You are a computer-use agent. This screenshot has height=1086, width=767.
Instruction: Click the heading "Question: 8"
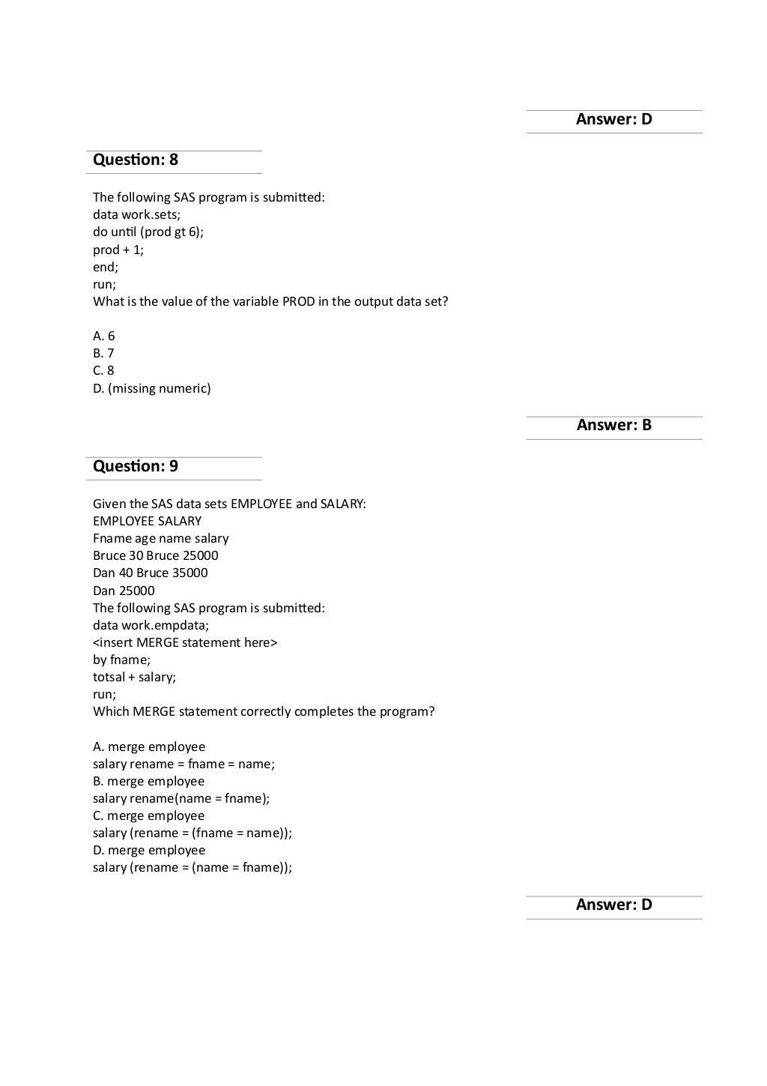[136, 160]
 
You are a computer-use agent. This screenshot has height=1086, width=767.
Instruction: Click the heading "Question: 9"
[136, 467]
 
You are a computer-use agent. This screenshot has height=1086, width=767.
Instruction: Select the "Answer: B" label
[613, 426]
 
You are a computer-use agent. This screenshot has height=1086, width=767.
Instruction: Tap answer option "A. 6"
[104, 337]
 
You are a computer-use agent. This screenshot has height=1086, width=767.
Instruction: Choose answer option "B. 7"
[104, 354]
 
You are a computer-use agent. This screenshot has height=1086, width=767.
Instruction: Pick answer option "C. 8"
[104, 371]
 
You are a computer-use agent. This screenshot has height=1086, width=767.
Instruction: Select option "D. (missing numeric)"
[152, 389]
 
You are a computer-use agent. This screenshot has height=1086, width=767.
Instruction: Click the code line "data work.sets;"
[136, 215]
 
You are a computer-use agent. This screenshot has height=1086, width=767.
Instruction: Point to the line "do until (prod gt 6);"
[148, 232]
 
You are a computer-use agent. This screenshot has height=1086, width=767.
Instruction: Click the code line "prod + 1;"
[118, 250]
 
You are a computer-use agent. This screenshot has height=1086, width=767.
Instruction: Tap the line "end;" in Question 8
[106, 268]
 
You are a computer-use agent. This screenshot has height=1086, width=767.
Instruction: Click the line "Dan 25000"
[124, 591]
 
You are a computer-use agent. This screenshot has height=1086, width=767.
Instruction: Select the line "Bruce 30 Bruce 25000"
[156, 556]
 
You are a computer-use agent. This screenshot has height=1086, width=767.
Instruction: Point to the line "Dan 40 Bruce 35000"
[151, 573]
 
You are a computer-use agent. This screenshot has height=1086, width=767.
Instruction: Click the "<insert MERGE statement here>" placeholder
[185, 643]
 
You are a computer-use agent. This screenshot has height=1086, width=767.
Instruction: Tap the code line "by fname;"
[121, 660]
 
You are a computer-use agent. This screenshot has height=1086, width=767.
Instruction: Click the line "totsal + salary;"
[135, 678]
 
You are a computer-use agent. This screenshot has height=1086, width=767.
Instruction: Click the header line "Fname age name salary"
[161, 539]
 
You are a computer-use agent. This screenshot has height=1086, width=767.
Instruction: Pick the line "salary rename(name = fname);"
[181, 799]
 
